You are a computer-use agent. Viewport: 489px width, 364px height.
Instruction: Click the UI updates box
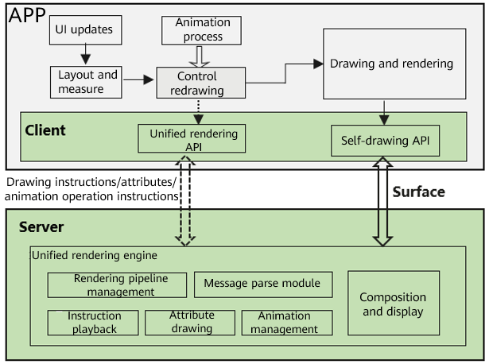tap(84, 31)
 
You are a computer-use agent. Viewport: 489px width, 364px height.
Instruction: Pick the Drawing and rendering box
tap(393, 64)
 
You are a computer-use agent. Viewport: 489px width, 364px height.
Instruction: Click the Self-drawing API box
tap(385, 141)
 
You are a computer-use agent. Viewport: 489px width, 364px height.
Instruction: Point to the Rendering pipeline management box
tap(117, 285)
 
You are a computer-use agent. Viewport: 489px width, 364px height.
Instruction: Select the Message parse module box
tap(262, 284)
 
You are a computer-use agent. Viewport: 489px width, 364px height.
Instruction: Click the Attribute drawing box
tap(191, 322)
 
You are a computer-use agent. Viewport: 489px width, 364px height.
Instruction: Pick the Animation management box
tap(286, 322)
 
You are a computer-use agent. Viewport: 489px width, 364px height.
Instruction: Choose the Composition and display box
tap(393, 304)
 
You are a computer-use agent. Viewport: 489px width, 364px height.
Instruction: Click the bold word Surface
tap(419, 192)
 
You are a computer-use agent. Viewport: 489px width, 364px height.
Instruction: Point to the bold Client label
tap(45, 130)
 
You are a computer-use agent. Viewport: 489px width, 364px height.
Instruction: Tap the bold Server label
tap(41, 227)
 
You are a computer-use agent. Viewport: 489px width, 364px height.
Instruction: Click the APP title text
tap(28, 15)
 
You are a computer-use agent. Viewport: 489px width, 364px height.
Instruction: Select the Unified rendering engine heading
tap(94, 256)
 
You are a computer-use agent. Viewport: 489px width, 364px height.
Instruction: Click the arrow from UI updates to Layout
tap(84, 55)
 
